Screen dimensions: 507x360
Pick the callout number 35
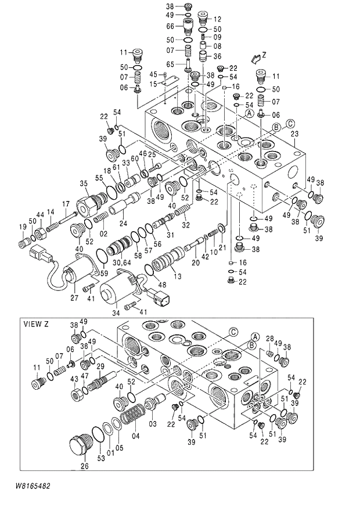(x=84, y=184)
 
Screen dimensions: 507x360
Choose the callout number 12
(x=217, y=19)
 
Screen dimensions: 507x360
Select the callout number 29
(x=100, y=366)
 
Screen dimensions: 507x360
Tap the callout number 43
(x=74, y=379)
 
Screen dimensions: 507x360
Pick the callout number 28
(x=269, y=339)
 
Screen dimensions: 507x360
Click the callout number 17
(x=66, y=204)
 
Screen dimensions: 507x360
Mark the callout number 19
(x=22, y=226)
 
